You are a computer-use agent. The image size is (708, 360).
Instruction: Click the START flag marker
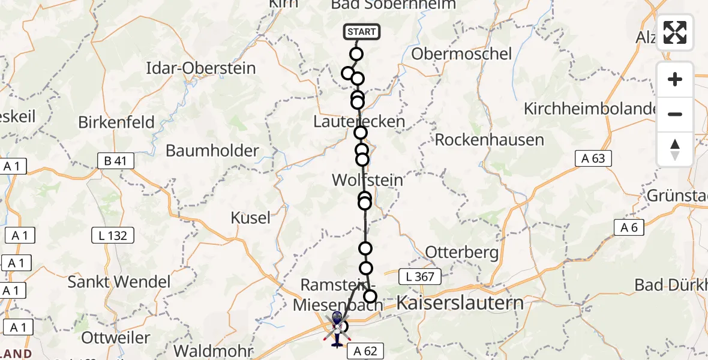tap(361, 32)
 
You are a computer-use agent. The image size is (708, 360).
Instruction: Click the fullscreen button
tap(675, 32)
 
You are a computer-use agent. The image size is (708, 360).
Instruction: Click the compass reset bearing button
tap(675, 149)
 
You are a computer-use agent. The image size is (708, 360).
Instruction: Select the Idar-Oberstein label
tap(201, 68)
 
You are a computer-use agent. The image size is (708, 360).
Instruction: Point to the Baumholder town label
tap(212, 151)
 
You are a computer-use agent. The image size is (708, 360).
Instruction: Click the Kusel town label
tap(251, 218)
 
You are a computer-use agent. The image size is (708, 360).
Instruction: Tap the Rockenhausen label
tap(489, 140)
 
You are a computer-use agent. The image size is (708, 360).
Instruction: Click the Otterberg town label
tap(461, 252)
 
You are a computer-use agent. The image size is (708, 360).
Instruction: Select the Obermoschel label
tap(461, 54)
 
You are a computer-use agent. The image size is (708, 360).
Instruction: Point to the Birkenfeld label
tap(116, 122)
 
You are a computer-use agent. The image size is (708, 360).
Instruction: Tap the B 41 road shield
tap(115, 161)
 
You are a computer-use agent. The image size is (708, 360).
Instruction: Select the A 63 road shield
tap(593, 158)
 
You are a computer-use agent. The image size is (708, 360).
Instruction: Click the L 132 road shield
tap(113, 235)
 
